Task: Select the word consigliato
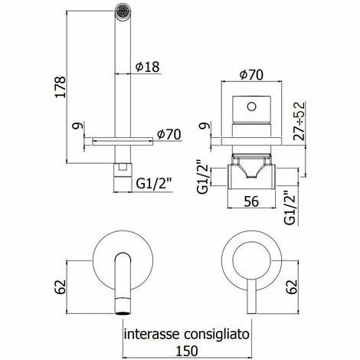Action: (x=222, y=333)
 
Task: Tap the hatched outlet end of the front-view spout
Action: (x=121, y=308)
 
